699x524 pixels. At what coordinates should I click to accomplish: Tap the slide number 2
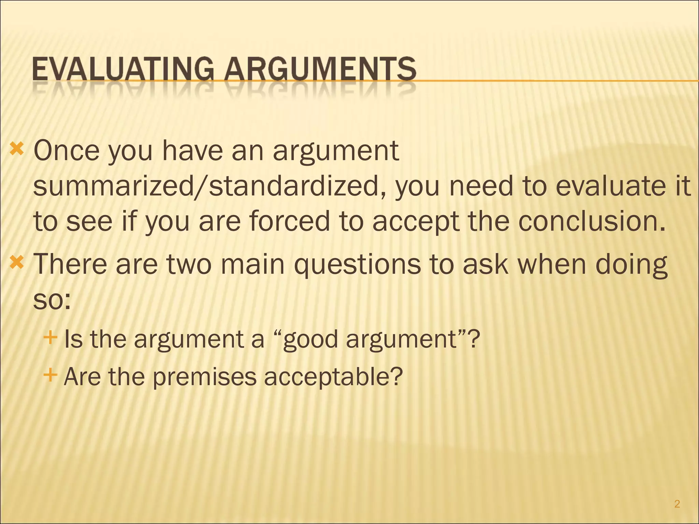click(x=677, y=504)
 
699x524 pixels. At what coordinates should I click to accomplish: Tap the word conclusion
click(x=592, y=221)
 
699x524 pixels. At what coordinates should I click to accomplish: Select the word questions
click(x=357, y=264)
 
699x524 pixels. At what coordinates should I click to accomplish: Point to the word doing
click(x=631, y=264)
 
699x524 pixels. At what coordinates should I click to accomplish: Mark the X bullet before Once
click(x=17, y=149)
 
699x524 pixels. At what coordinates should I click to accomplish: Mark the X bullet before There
click(x=17, y=263)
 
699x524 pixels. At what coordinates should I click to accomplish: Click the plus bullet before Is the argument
click(x=50, y=338)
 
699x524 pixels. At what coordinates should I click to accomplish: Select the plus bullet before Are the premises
click(x=50, y=375)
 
